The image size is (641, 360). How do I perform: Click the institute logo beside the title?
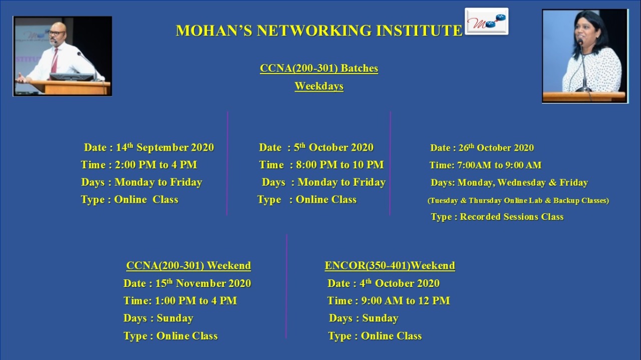(x=486, y=22)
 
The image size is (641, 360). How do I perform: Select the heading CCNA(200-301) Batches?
(x=319, y=69)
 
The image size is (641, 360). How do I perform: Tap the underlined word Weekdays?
(x=319, y=86)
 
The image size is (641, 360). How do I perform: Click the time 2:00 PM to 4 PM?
(x=156, y=165)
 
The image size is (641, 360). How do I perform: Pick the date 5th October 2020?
(x=334, y=147)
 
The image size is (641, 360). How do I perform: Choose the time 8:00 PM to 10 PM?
(x=340, y=165)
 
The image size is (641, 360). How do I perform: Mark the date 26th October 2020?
(x=496, y=148)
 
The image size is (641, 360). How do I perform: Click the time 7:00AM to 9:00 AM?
(x=499, y=165)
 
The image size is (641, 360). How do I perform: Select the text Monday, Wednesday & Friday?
(x=523, y=183)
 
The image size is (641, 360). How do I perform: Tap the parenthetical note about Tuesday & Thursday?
(x=518, y=200)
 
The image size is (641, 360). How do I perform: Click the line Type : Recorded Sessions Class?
(x=497, y=217)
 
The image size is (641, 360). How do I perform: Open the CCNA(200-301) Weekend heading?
(x=189, y=265)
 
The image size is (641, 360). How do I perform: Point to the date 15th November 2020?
(x=203, y=283)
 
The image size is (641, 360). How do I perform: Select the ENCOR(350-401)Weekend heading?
(x=390, y=265)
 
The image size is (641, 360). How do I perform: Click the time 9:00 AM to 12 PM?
(x=406, y=301)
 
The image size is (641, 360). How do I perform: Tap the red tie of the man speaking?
(x=54, y=61)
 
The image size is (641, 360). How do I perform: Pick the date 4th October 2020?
(x=400, y=283)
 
